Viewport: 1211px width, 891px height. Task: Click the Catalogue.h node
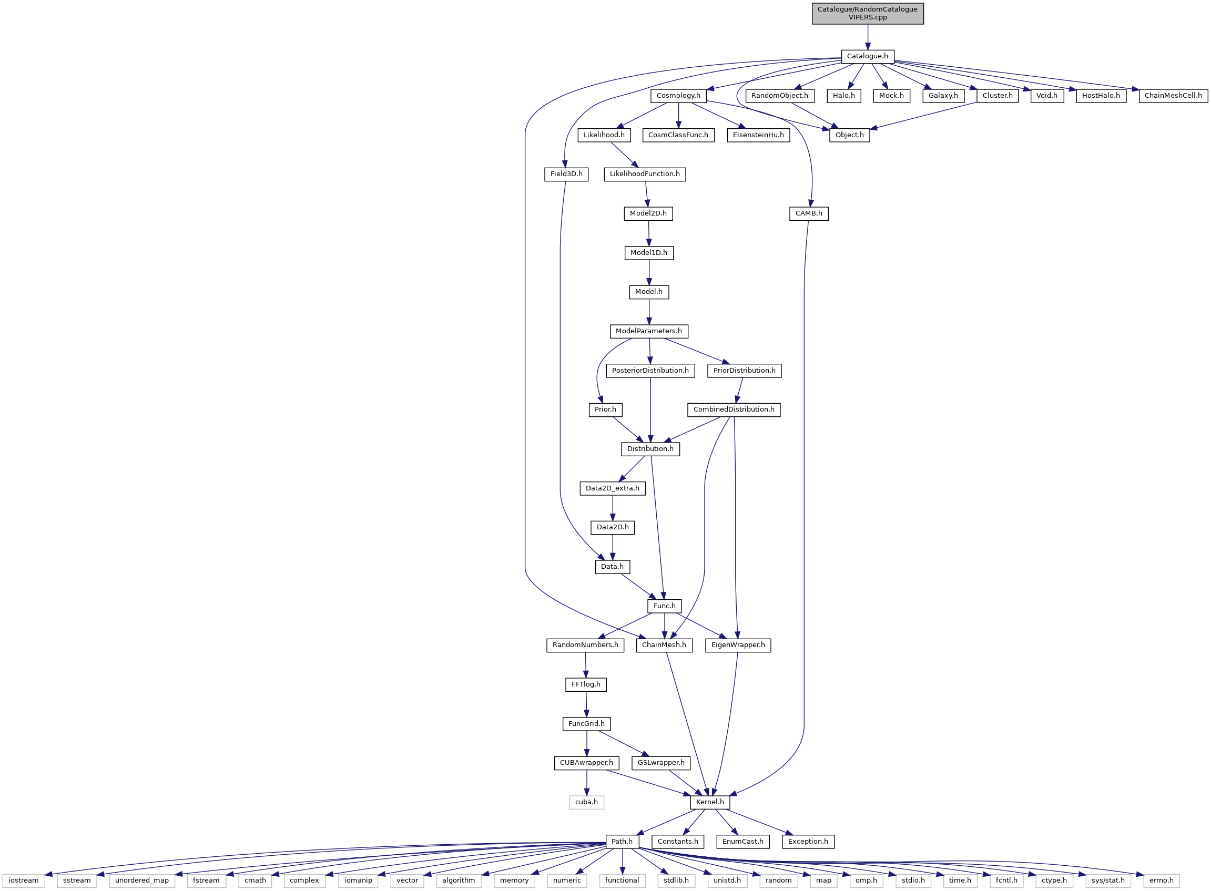point(867,56)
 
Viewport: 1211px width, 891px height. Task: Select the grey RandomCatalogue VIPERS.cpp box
point(867,13)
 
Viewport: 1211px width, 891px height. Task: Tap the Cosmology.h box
point(678,96)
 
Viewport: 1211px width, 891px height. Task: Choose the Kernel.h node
point(710,802)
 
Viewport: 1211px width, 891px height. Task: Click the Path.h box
point(622,842)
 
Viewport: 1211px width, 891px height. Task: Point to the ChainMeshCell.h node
point(1173,96)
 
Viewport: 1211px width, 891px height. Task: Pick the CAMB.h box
point(809,213)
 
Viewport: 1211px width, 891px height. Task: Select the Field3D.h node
point(566,174)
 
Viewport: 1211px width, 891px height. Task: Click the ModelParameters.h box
point(648,331)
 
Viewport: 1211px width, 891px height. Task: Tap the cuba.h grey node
point(586,802)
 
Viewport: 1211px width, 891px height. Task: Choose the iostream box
point(24,880)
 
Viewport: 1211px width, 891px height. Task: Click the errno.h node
point(1162,880)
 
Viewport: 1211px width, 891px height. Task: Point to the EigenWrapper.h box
point(738,645)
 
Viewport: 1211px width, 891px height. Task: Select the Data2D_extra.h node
point(612,489)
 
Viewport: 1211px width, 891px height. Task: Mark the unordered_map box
point(142,880)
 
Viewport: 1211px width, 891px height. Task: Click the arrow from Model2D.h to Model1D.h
point(649,233)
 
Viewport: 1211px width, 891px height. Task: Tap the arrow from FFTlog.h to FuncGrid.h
point(586,704)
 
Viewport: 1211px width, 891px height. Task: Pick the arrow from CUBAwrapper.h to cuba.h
point(586,782)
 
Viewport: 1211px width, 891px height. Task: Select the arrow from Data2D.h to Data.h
point(612,547)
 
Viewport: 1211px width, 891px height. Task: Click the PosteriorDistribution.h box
point(650,371)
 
